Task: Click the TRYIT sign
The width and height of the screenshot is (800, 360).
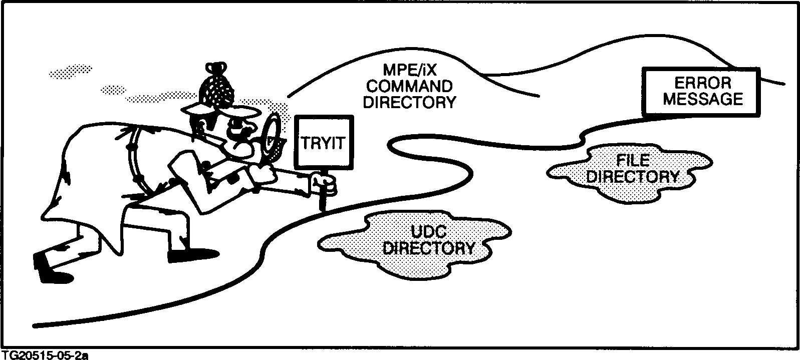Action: click(324, 143)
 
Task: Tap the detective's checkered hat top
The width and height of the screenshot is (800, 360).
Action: click(217, 87)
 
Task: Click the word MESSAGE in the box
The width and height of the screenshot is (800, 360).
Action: click(703, 99)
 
